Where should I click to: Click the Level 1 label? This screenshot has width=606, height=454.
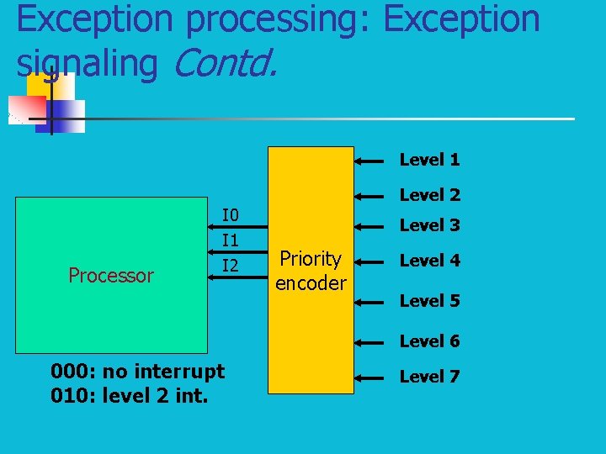coord(429,160)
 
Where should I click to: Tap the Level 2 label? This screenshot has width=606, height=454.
coord(429,195)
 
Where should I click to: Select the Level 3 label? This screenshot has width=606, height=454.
coord(429,225)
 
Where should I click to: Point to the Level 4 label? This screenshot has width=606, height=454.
coord(429,261)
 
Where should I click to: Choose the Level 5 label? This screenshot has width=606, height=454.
coord(429,301)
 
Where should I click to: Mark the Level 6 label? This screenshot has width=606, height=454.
coord(429,341)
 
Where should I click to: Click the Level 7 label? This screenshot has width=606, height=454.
coord(429,377)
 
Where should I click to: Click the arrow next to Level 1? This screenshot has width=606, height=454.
coord(373,159)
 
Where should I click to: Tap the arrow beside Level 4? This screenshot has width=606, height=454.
coord(373,261)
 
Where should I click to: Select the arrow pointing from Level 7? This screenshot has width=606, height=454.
coord(373,377)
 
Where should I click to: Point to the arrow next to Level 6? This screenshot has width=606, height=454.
coord(373,341)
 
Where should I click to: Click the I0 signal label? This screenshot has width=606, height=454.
coord(230,214)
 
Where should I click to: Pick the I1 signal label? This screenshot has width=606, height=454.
coord(230,240)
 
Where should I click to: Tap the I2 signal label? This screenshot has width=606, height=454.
coord(230,267)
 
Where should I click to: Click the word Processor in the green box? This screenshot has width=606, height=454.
coord(111,276)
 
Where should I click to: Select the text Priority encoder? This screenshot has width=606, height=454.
coord(311,271)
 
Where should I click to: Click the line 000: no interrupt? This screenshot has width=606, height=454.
coord(137,371)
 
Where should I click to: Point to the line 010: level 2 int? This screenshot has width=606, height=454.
coord(129,395)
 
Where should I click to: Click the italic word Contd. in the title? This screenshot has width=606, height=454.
coord(223,64)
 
